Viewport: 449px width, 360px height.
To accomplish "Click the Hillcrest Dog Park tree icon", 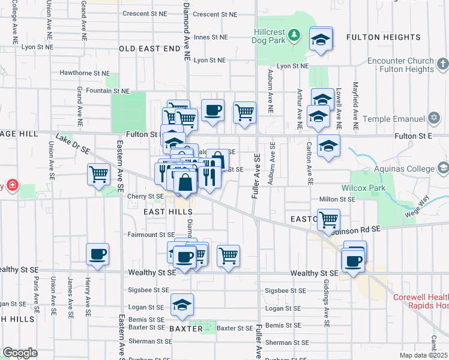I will coord(294,35).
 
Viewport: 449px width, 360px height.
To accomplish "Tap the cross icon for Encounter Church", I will coord(442,63).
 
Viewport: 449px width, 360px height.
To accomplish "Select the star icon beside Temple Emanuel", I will coord(434,119).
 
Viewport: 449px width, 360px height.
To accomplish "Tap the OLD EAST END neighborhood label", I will coord(149,48).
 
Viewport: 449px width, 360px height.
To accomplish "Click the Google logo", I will coord(20,352).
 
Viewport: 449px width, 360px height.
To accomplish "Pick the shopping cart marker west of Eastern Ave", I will coord(98,174).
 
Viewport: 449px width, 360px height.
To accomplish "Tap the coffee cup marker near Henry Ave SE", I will coord(97,254).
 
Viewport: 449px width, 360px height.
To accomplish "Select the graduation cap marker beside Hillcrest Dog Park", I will coord(321,40).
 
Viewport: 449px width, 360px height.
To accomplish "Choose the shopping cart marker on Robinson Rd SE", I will coord(328,220).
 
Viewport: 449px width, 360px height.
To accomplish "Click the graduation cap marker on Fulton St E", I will coord(328,146).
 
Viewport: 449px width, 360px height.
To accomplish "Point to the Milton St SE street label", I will coord(338,199).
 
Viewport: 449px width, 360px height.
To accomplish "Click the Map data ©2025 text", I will coord(423,355).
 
